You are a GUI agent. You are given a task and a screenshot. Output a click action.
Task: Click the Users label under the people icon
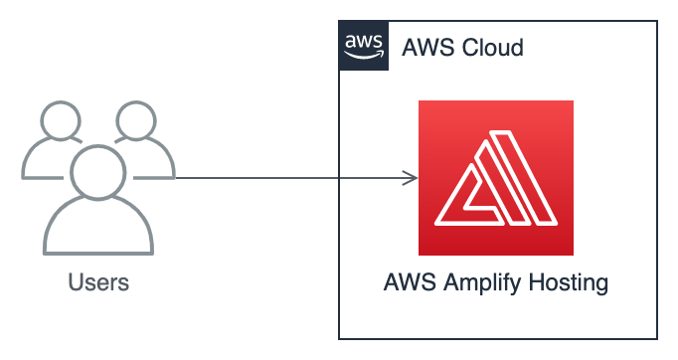click(98, 282)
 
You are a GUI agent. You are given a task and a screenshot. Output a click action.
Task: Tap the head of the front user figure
click(97, 168)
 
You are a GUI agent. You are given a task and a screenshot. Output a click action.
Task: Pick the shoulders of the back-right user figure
click(157, 159)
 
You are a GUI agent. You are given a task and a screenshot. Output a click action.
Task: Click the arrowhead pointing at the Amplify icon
click(410, 179)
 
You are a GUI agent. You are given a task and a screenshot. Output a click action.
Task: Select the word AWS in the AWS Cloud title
click(424, 48)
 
